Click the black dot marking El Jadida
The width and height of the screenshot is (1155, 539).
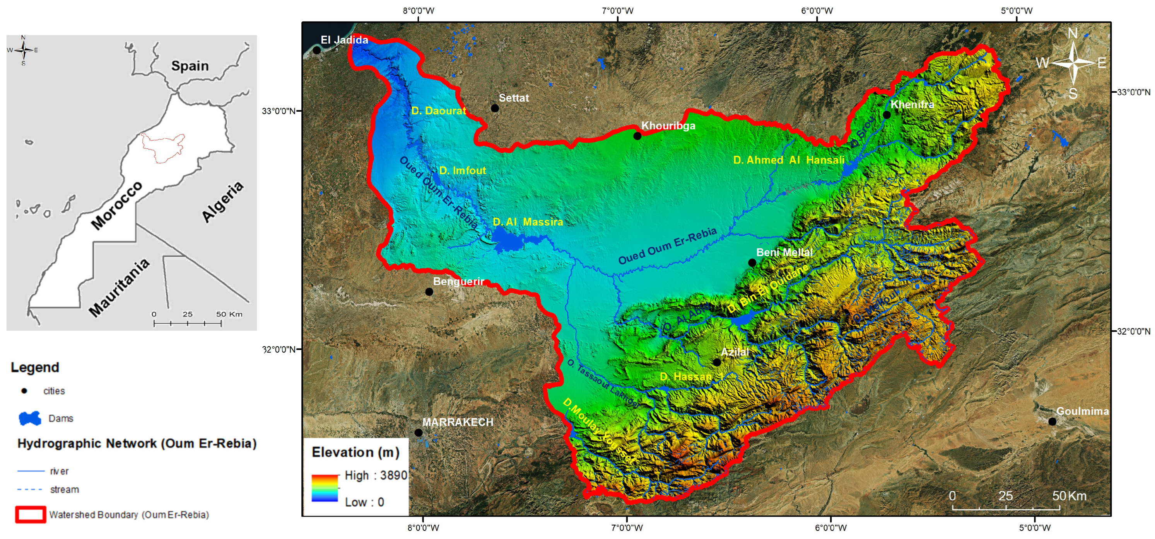[316, 50]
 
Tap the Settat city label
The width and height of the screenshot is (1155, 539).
[514, 98]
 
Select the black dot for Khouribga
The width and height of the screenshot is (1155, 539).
[637, 136]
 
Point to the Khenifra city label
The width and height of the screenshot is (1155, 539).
[912, 104]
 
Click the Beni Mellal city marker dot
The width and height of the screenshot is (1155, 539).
[752, 263]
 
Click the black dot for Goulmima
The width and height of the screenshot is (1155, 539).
[1052, 422]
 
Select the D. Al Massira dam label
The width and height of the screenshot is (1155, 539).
[527, 222]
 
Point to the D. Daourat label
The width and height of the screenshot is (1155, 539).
[439, 111]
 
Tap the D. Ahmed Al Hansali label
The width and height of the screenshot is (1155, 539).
[788, 160]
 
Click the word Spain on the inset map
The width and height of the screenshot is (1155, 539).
[190, 66]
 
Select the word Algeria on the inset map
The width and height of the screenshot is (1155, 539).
[222, 202]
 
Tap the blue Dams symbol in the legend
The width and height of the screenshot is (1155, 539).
[30, 418]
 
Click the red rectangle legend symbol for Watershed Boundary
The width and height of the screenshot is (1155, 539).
[31, 514]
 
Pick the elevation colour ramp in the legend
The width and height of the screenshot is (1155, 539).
[325, 488]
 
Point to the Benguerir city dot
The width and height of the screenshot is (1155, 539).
[429, 292]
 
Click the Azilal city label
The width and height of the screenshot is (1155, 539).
[735, 352]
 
